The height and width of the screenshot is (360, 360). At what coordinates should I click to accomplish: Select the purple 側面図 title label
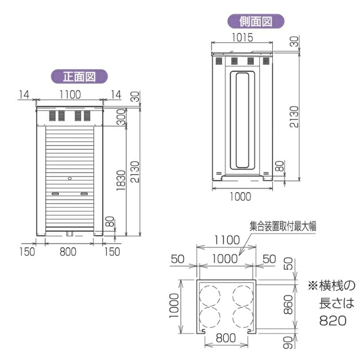point(255,21)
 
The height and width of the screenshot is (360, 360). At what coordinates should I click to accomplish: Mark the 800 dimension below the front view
point(67,251)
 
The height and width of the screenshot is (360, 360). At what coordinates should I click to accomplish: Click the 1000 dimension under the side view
point(240,197)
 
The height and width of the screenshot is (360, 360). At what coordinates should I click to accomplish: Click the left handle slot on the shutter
point(55,193)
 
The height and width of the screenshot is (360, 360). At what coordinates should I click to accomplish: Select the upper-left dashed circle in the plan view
point(210,295)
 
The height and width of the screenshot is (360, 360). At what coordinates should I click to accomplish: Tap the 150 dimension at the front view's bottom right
point(112,251)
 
